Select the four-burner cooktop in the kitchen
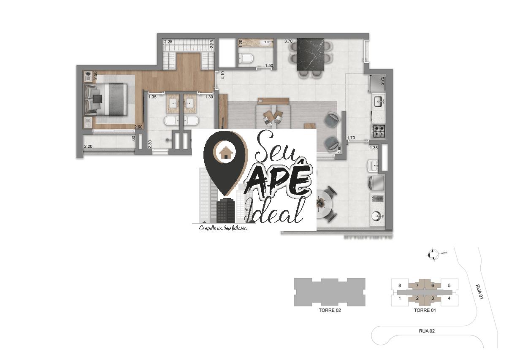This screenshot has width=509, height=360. [378, 131]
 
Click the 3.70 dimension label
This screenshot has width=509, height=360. [288, 41]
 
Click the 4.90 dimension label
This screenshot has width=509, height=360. [339, 149]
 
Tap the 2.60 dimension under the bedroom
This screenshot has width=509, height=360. [138, 127]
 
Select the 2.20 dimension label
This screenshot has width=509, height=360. [88, 146]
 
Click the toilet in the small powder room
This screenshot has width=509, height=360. [245, 59]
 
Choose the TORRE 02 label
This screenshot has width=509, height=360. [330, 310]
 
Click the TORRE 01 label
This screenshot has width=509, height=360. [425, 310]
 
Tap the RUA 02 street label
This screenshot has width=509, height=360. [426, 331]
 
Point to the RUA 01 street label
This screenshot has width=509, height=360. [479, 292]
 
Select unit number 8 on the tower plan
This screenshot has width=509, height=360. [399, 286]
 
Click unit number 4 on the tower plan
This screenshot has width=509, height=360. [449, 298]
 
